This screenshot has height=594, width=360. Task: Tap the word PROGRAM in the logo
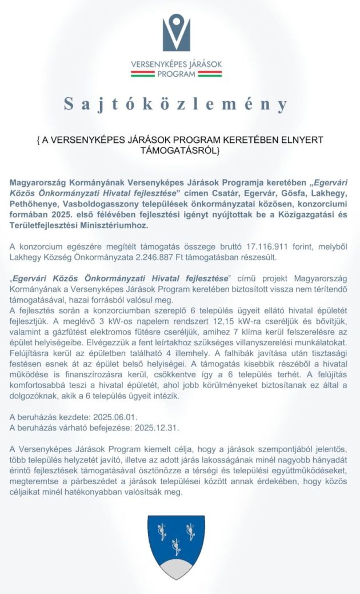tap(176, 74)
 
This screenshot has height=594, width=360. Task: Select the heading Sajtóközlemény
tap(176, 104)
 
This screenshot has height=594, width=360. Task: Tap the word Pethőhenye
tap(33, 204)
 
